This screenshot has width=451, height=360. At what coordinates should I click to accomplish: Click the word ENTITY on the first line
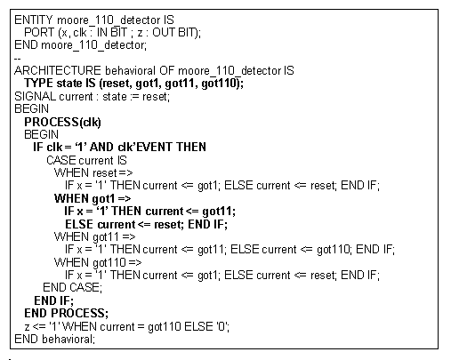click(x=33, y=20)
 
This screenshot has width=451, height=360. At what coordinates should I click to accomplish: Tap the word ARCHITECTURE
click(x=58, y=71)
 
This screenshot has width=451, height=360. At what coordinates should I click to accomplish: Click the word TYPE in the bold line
click(x=38, y=84)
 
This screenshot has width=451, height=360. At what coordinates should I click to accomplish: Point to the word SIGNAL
click(x=35, y=97)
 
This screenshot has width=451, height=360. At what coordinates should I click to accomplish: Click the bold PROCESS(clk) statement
click(x=63, y=122)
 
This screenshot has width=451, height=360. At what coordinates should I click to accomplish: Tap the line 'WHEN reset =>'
click(x=93, y=172)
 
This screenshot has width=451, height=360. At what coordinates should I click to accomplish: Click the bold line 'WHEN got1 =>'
click(x=93, y=198)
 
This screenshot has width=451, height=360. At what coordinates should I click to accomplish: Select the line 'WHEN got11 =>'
click(x=95, y=237)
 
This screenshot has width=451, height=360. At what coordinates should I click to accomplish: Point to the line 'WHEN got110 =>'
click(x=98, y=262)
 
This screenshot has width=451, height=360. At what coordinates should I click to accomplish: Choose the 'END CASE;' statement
click(x=73, y=287)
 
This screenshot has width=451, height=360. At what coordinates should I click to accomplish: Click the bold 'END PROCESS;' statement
click(x=67, y=313)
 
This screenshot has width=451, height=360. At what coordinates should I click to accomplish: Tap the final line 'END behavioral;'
click(x=54, y=339)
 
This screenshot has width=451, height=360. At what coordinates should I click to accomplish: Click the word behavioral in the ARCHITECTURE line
click(x=130, y=71)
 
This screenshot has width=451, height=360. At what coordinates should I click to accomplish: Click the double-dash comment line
click(x=17, y=58)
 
